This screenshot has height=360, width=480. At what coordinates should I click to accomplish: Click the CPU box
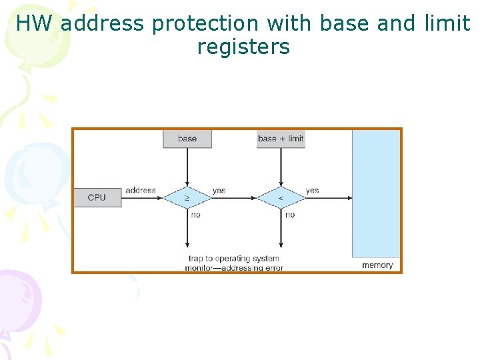[97, 197]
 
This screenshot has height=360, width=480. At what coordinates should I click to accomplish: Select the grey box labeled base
[187, 139]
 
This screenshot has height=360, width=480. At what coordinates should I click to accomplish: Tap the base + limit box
[281, 139]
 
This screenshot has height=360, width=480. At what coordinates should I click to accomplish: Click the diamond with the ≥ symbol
[187, 198]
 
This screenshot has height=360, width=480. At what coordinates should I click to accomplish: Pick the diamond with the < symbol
[281, 198]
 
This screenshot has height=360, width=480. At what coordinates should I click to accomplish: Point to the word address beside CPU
[141, 191]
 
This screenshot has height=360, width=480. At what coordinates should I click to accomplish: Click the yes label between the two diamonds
[219, 191]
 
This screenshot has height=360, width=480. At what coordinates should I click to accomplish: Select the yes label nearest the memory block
[312, 191]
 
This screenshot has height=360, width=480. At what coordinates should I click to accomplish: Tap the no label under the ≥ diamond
[195, 215]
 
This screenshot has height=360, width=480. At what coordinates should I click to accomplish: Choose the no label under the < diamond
[289, 215]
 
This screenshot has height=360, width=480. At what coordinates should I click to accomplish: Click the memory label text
[377, 265]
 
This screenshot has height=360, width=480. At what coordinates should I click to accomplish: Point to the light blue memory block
[376, 193]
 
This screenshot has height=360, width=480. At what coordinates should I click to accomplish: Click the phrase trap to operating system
[234, 258]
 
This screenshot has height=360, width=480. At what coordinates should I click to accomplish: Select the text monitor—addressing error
[234, 268]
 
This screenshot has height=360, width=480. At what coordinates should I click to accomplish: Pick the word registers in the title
[243, 47]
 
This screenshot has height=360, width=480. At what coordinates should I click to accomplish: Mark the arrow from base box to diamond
[187, 167]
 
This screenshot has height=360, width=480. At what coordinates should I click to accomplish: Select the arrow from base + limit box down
[281, 167]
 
